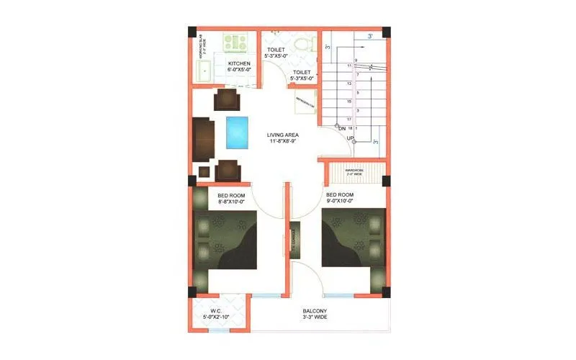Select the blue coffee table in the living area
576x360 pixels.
237,131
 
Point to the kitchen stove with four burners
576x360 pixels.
235,43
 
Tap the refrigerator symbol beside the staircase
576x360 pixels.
305,105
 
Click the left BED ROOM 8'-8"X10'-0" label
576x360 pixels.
232,199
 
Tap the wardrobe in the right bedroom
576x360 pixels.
354,172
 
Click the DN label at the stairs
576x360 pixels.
343,128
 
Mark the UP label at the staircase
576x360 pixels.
351,138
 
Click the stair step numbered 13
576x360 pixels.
349,84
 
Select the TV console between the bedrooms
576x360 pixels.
294,239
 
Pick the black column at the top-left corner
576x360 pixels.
192,32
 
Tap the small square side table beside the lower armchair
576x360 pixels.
204,173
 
